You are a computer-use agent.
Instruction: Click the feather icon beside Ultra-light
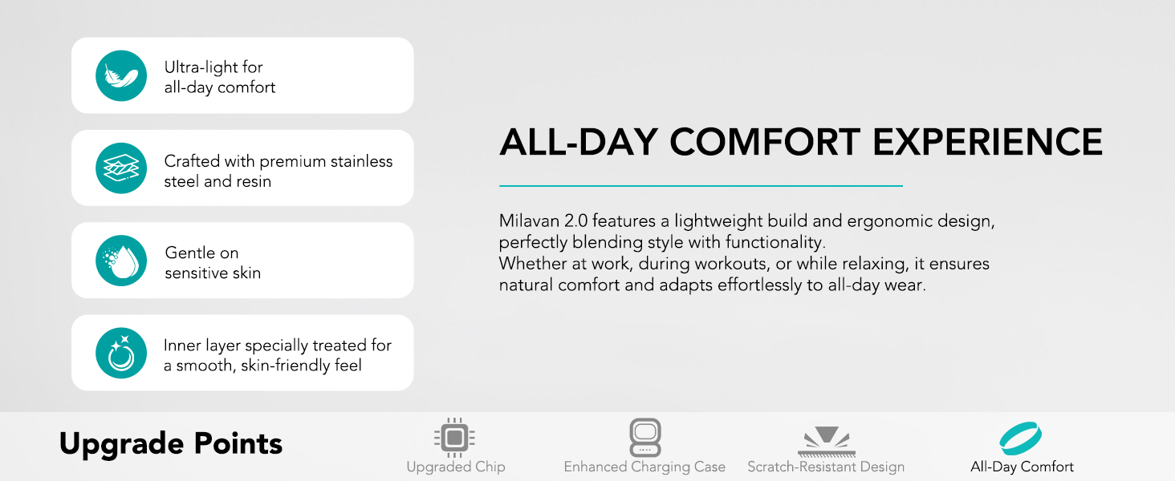[121, 75]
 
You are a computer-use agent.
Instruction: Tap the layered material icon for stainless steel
[121, 168]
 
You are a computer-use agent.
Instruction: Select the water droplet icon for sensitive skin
[121, 261]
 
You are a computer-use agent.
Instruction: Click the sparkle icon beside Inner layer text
[121, 353]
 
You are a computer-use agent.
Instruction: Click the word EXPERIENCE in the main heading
[987, 142]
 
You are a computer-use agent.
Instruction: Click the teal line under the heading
[701, 186]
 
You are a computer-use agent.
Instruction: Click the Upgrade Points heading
[171, 443]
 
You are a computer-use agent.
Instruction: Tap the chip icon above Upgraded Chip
[455, 438]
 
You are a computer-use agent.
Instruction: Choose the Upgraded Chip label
[456, 467]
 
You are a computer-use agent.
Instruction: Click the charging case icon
[644, 438]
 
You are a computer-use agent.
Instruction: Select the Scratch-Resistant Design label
[826, 467]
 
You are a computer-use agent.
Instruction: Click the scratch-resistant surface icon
[826, 440]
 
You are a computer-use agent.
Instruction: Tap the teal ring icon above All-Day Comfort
[1021, 439]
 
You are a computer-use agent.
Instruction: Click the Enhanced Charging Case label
[644, 467]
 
